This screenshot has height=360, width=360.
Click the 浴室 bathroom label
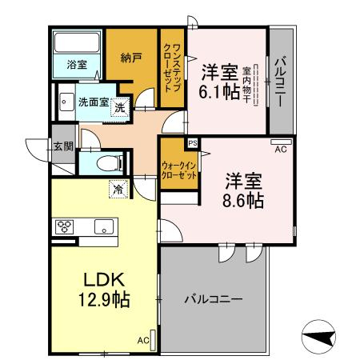(77, 65)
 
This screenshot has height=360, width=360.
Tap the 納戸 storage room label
(131, 58)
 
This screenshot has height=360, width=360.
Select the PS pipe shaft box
(193, 143)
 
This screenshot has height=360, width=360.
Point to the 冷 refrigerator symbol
(118, 189)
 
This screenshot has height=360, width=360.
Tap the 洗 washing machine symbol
(120, 107)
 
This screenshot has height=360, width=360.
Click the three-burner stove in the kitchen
(65, 227)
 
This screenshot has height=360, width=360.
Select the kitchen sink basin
(104, 227)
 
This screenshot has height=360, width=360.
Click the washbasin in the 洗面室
(66, 102)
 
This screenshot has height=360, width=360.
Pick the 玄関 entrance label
(63, 146)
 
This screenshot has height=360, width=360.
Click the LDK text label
(104, 280)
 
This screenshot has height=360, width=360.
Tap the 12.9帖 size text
(104, 299)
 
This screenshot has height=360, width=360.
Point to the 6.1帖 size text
(219, 92)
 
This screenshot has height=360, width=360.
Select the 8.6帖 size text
(243, 201)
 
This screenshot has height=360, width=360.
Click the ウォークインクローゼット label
(179, 170)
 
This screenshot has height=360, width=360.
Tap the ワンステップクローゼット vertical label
(172, 68)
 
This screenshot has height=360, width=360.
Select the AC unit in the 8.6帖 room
(281, 142)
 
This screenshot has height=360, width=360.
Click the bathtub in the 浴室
(77, 42)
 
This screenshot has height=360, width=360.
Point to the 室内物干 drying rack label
(246, 85)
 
